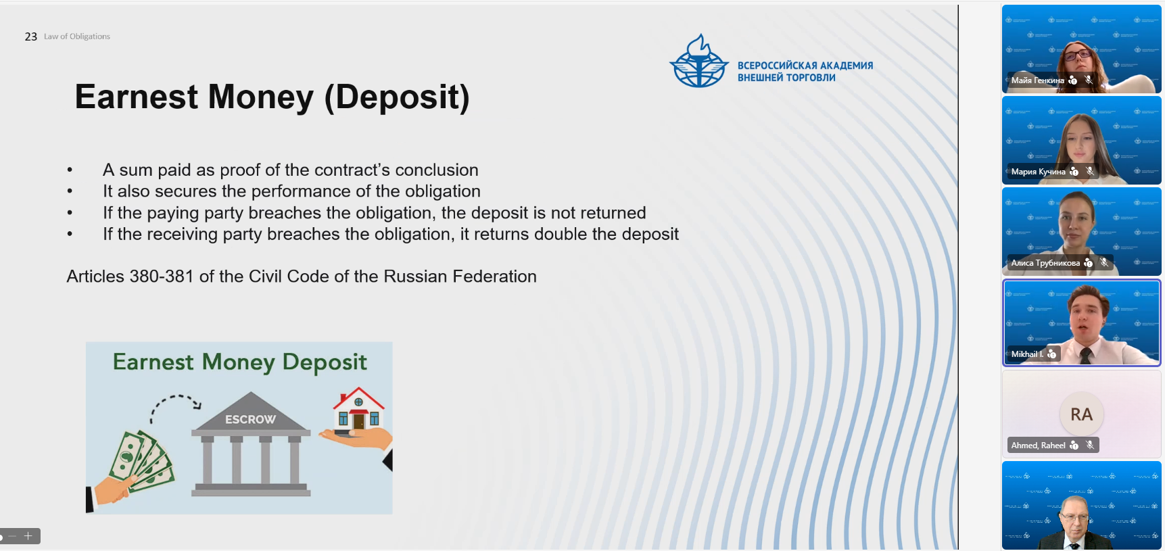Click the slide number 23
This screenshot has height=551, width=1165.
31,37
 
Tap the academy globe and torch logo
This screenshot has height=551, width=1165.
699,62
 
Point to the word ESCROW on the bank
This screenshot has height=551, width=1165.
250,419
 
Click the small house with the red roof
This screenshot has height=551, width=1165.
358,409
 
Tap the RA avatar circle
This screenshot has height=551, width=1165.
1081,414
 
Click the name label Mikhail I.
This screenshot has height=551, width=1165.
1027,354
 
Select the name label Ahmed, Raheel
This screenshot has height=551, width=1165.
1038,446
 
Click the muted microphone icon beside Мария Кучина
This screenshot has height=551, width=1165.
1090,171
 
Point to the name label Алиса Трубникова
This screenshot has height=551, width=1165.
1045,263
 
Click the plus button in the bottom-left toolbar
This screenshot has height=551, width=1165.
28,536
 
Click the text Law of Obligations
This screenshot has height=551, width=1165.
77,37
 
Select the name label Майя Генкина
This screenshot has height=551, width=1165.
1038,80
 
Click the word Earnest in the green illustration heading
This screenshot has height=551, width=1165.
153,362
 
